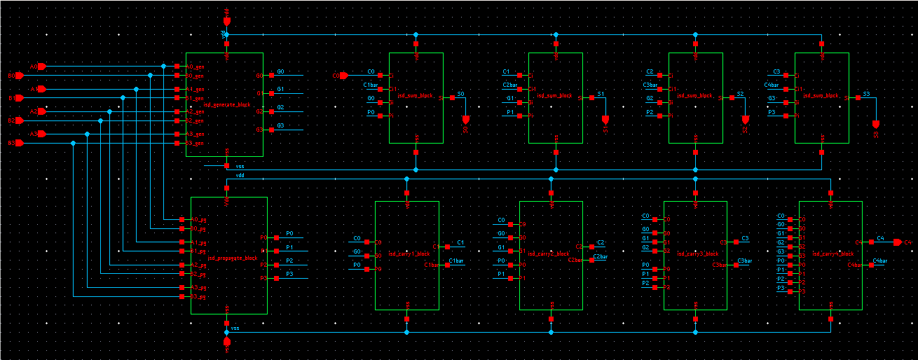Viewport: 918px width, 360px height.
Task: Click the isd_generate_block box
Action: pos(224,104)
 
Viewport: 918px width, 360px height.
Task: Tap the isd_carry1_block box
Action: pos(407,255)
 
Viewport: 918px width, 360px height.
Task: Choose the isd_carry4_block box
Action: pos(830,255)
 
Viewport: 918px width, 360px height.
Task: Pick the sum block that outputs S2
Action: pos(695,97)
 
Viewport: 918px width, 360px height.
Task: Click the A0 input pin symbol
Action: pos(41,67)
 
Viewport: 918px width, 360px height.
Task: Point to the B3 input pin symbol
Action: pos(19,144)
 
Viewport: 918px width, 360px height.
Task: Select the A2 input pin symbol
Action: pos(41,111)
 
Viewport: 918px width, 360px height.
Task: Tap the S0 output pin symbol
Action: pos(465,119)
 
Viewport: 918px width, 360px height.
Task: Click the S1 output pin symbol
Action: pos(605,119)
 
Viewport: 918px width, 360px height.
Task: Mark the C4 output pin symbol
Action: pos(897,242)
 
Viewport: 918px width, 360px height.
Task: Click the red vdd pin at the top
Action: pos(226,22)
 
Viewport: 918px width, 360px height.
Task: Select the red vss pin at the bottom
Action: pos(226,342)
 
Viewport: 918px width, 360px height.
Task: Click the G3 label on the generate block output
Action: pos(280,125)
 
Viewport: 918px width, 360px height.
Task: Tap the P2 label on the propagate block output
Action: pos(289,261)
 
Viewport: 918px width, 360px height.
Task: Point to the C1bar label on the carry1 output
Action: pos(456,261)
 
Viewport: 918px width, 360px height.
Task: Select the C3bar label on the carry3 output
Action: pos(745,261)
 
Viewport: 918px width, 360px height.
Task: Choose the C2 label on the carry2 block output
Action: pos(601,242)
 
